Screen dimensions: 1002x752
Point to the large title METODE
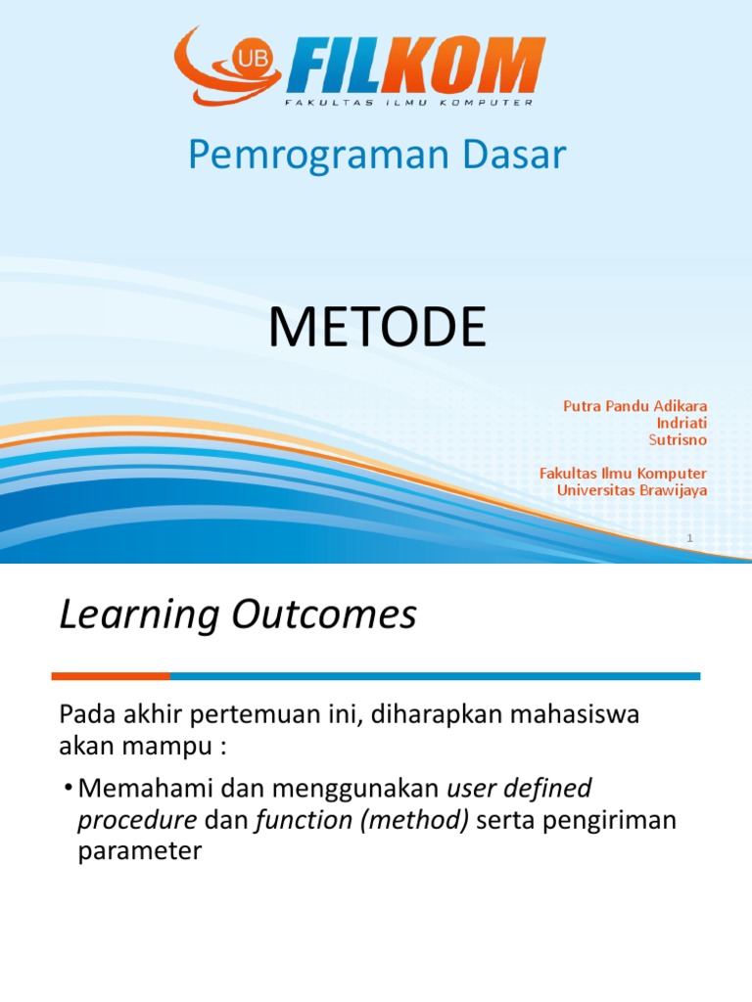(377, 328)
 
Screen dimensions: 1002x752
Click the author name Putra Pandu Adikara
(634, 406)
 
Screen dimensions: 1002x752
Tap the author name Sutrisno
(678, 439)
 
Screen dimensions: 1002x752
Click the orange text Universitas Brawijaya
(632, 490)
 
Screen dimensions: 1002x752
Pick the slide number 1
(689, 538)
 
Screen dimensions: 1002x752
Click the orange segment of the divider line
(110, 676)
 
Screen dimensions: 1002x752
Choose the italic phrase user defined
(519, 788)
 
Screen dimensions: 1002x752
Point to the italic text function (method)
(361, 820)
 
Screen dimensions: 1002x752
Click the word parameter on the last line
(139, 852)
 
